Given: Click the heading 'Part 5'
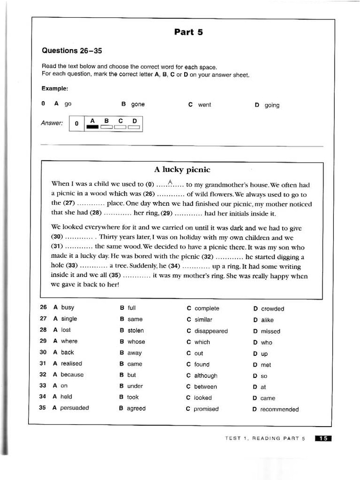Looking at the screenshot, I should (x=188, y=32).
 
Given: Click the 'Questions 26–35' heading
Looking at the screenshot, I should (x=72, y=51).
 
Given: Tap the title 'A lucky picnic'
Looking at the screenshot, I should (x=182, y=170).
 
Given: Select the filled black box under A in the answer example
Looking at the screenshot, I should (x=92, y=127).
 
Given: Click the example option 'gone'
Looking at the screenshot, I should (x=138, y=105).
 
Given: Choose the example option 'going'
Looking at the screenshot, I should (x=272, y=105).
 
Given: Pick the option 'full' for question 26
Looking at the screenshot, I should (x=132, y=308).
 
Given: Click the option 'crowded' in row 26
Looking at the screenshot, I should (x=272, y=309).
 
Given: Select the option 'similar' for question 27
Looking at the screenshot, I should (x=203, y=320).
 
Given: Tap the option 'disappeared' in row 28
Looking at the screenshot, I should (x=211, y=331).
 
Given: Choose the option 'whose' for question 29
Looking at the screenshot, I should (x=136, y=342).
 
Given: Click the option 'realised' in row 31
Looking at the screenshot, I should (x=71, y=363).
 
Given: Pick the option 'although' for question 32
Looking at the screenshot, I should (x=206, y=375).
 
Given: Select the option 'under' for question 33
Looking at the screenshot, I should (x=135, y=386).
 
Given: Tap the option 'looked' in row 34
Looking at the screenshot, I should (x=203, y=397).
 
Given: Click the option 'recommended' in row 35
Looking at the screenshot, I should (x=279, y=409).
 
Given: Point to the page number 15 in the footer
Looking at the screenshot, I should (x=323, y=438).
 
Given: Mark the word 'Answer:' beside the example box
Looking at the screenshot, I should (x=52, y=123).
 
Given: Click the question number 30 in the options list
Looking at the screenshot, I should (x=43, y=352).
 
